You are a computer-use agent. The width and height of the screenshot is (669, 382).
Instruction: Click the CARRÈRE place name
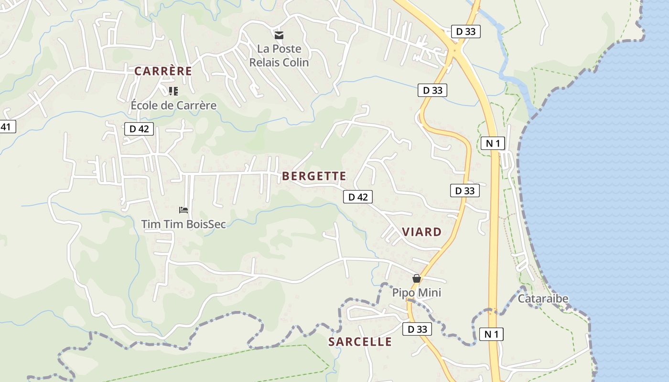coord(163,71)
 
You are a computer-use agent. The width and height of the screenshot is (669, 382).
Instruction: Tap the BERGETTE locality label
coord(314,176)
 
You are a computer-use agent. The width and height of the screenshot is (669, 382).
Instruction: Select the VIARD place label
coord(421,232)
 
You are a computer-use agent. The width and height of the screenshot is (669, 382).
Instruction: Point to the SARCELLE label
coord(360,342)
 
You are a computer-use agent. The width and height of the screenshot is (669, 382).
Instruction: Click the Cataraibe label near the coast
coord(543,298)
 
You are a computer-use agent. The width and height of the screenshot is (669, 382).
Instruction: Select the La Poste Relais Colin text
coord(279,55)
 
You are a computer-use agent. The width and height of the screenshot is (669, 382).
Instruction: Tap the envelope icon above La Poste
coord(279,35)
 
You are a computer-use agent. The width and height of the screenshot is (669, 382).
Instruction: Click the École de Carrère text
coord(173,105)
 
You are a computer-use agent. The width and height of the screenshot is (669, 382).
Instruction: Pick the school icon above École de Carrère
coord(173,91)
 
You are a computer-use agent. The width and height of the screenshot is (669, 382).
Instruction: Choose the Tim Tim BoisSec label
coord(183,223)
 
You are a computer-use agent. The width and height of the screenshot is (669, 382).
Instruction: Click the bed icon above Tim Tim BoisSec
coord(183,210)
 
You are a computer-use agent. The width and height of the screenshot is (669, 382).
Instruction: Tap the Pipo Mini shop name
coord(417,292)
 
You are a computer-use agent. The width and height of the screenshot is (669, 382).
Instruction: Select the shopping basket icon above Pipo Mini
coord(417,278)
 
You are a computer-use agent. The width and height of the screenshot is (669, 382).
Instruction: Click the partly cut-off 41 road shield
coord(7,127)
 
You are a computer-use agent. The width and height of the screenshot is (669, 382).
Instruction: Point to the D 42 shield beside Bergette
coord(357,197)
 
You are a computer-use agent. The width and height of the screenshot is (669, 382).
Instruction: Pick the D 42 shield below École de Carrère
coord(139,128)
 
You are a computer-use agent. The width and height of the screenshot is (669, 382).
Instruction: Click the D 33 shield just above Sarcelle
coord(417,329)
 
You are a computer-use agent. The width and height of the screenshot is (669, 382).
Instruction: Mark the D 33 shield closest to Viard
coord(464,191)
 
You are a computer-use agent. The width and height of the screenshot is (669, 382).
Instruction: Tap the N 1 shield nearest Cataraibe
coord(491,334)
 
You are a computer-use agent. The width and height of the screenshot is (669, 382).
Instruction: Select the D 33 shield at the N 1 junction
coord(465,32)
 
